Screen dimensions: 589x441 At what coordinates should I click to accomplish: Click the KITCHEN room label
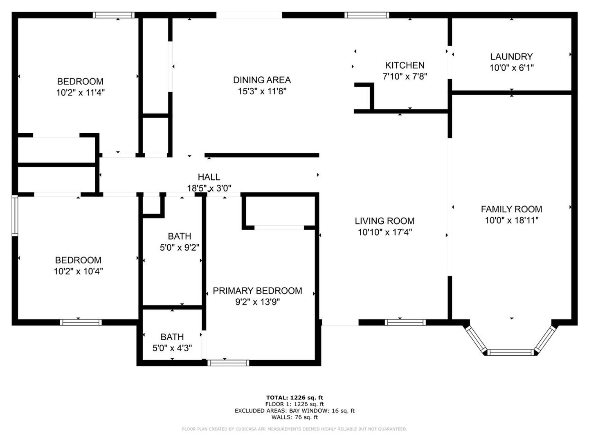405,65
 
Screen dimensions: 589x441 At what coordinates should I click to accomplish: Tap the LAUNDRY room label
511,57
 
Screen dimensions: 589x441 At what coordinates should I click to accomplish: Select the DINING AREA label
262,80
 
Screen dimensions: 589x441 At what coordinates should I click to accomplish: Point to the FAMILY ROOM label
511,209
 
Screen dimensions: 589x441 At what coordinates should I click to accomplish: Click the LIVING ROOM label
384,221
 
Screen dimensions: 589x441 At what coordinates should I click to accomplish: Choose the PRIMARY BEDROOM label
257,291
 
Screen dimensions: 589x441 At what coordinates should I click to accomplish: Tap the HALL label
209,177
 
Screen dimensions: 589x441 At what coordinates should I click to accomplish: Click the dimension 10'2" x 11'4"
80,93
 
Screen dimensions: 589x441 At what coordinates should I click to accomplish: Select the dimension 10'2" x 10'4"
79,272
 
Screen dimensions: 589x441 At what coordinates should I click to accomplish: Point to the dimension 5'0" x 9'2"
179,248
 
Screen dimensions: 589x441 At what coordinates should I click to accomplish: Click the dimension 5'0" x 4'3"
172,348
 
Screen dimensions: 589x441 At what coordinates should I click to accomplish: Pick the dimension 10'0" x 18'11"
511,220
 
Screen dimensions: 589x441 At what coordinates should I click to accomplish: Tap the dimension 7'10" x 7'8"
405,77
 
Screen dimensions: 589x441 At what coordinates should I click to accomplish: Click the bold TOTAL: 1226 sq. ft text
294,398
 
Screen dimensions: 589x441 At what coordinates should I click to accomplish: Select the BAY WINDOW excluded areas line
294,411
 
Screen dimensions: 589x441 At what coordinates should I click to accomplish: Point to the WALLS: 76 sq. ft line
294,417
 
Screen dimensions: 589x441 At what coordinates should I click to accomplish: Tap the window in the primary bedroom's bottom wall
228,363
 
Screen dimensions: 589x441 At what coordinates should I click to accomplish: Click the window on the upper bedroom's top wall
114,15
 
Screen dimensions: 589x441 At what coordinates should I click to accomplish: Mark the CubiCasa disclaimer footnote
294,429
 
